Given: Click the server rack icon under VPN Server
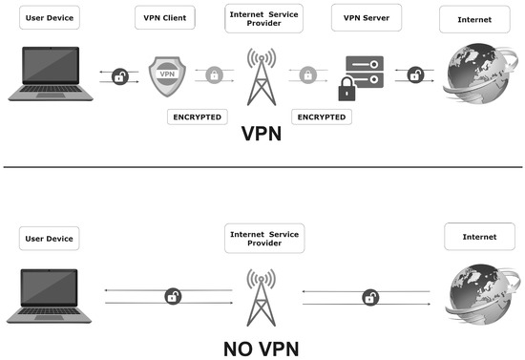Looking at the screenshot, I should [366, 68].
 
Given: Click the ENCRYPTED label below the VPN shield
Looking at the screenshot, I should [197, 116].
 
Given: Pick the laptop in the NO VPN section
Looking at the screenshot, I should [48, 293].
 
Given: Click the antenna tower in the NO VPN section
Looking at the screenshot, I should [259, 296].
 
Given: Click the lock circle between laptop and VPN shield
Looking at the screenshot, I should [120, 75].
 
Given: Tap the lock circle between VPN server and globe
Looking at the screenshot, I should [415, 75].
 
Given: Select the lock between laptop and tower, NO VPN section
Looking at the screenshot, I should [173, 296].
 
